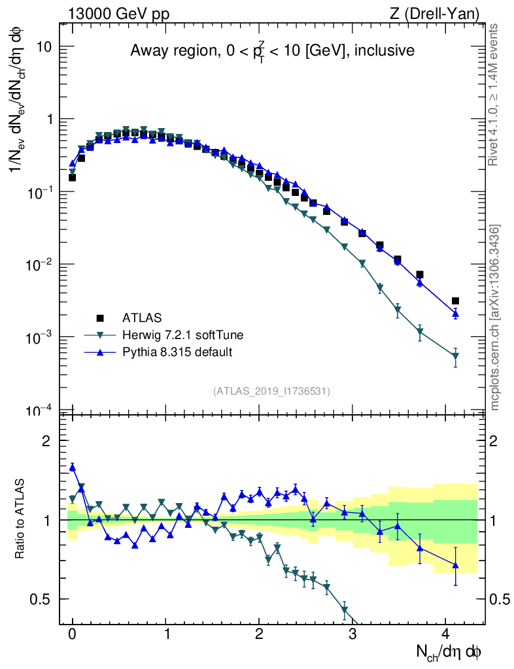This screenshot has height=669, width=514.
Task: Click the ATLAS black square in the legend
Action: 100,318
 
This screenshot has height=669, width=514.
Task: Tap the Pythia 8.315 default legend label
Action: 177,352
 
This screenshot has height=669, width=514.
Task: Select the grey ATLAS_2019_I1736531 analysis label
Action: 271,391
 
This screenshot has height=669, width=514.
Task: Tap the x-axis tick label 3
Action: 352,633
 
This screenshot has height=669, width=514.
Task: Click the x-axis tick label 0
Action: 73,633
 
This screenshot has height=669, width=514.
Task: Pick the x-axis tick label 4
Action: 446,633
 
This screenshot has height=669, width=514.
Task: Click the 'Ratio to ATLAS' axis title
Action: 20,519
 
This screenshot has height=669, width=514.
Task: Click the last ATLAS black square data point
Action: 455,301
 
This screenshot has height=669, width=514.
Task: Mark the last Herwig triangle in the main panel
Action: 455,357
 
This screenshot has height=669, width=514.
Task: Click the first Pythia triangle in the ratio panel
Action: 73,467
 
